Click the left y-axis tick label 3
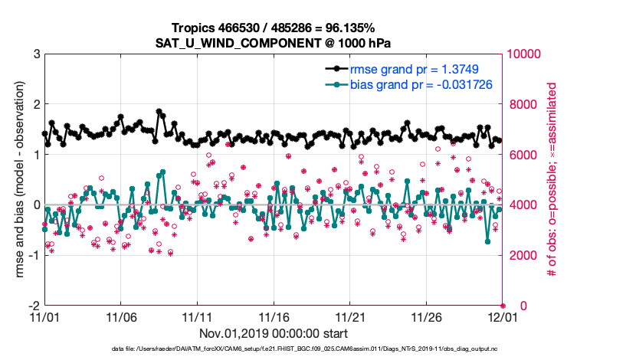tap(36, 54)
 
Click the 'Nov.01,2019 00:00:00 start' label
tap(274, 334)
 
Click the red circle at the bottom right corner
tap(503, 305)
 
